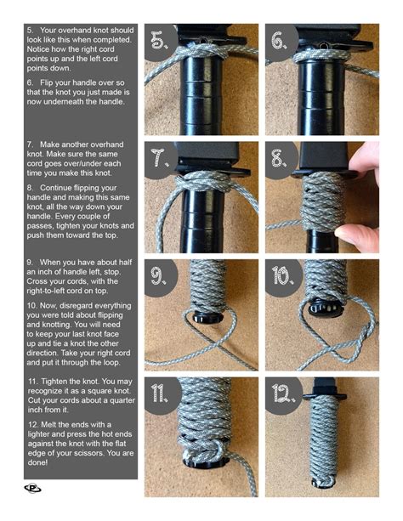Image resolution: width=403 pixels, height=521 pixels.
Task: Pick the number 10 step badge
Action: pyautogui.click(x=281, y=275)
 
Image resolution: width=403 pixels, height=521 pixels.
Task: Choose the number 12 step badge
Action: pyautogui.click(x=281, y=393)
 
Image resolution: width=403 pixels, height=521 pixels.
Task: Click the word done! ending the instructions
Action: pyautogui.click(x=40, y=463)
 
